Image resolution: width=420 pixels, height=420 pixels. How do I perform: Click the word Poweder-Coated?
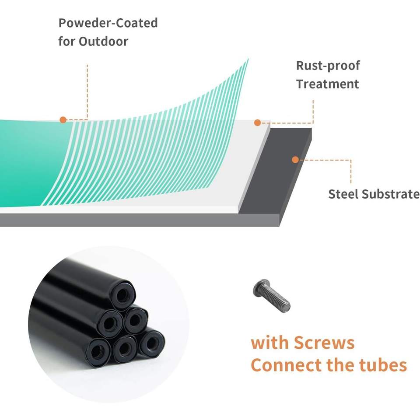[x=108, y=23]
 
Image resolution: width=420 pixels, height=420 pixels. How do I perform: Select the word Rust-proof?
[x=328, y=66]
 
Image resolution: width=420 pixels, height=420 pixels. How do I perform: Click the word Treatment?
[x=327, y=84]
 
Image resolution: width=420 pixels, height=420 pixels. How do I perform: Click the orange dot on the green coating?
[x=63, y=119]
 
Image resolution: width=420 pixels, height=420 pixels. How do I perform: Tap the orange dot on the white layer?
[x=258, y=123]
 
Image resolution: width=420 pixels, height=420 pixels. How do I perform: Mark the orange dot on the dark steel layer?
[x=295, y=160]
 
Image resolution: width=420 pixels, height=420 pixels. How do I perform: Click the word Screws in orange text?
[x=324, y=343]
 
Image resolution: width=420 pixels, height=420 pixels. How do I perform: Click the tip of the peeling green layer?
[x=248, y=59]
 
